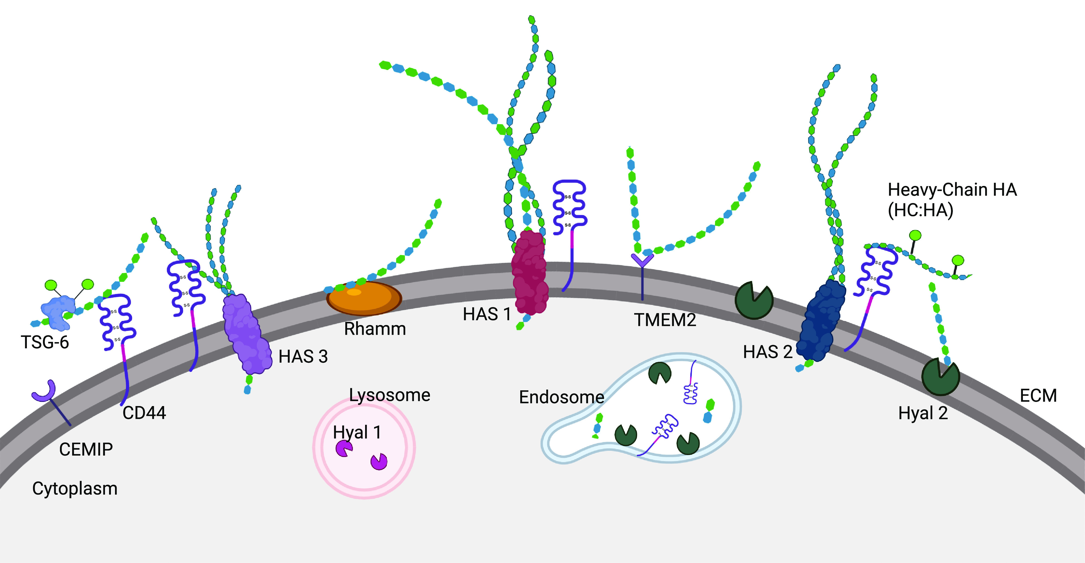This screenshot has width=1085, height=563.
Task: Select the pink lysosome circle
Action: [x=364, y=448]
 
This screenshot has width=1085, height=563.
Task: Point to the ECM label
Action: [x=1038, y=395]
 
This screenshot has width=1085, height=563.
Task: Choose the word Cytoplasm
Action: [x=75, y=488]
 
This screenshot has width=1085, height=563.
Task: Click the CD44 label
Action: [x=144, y=413]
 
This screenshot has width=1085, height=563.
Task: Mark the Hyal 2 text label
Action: [x=923, y=413]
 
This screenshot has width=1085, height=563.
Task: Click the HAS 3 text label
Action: [x=303, y=356]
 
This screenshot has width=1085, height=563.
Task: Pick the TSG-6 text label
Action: [x=45, y=342]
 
